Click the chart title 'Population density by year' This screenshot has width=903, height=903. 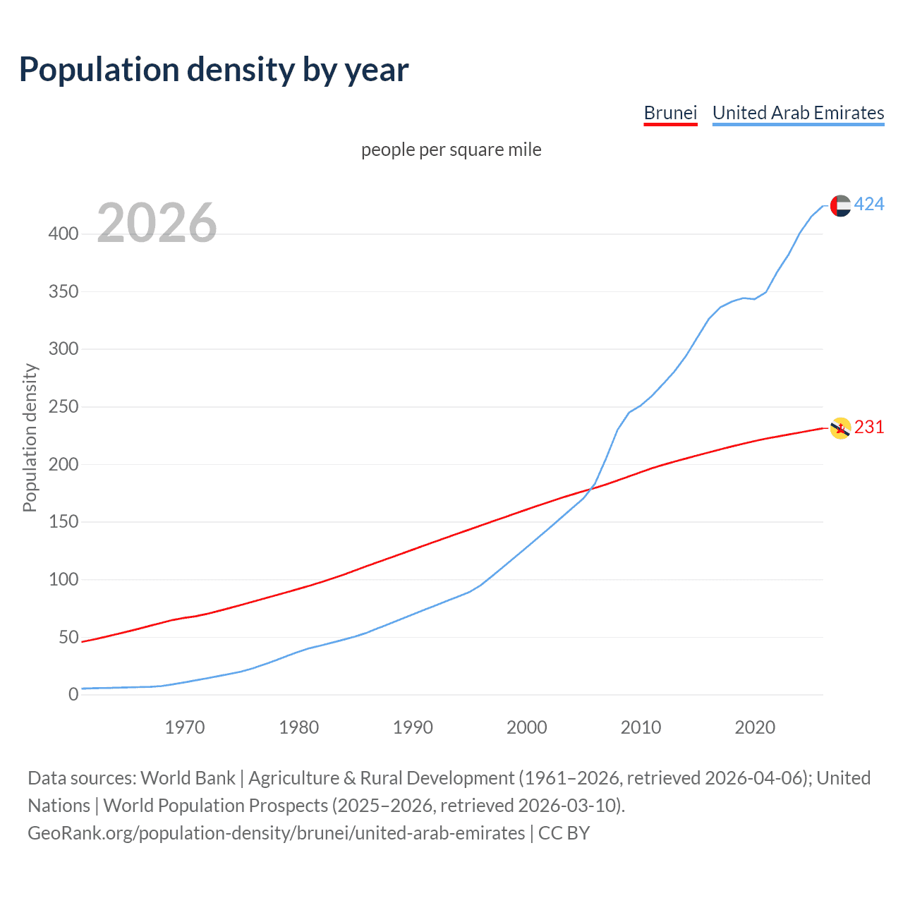tap(214, 70)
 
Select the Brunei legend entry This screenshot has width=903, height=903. tap(670, 113)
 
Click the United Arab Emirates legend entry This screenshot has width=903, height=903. tap(798, 113)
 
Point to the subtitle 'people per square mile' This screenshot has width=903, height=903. tap(451, 150)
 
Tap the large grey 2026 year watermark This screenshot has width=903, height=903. tap(157, 223)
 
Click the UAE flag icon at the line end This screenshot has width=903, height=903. tap(840, 205)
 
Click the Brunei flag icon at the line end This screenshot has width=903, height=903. tap(840, 428)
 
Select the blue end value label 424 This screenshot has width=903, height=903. tap(869, 205)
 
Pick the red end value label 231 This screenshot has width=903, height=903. tap(869, 428)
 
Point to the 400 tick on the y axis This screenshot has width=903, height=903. tap(63, 234)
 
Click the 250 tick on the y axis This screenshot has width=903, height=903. tap(63, 407)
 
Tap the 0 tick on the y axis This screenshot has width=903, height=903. tap(73, 695)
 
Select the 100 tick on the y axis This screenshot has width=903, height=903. tap(63, 580)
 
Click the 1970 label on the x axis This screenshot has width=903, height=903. tap(185, 727)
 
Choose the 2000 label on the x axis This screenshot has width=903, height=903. tap(527, 727)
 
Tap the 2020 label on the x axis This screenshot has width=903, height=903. tap(755, 727)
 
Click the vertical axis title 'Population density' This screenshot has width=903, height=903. tap(30, 437)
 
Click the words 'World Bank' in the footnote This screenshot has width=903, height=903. tap(188, 778)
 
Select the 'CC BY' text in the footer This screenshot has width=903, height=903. tap(564, 833)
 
